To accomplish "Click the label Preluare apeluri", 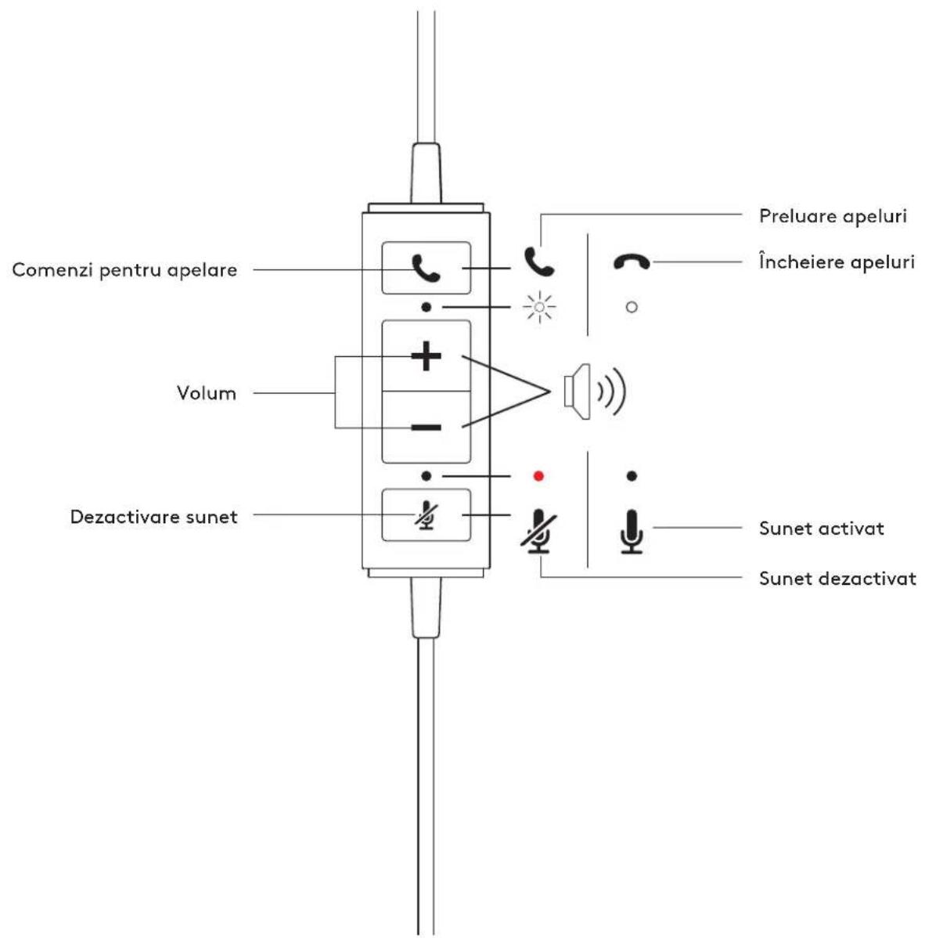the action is point(833,216).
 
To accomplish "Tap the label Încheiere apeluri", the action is point(837,262).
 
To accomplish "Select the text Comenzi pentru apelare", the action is point(124,270).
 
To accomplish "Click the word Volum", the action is point(207,393).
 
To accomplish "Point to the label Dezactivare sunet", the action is point(153,516).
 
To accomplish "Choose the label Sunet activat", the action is point(821,529).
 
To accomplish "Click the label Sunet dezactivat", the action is point(837,579).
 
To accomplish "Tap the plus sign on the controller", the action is point(427,356).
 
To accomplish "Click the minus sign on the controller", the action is point(427,428).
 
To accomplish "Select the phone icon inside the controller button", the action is point(427,268).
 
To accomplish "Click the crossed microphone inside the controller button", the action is point(427,516).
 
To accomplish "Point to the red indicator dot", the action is point(538,476).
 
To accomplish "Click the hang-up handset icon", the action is point(632,262).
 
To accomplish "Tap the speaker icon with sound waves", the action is point(595,391).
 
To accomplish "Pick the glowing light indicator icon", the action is point(539,308).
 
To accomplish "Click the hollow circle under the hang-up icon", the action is point(632,307).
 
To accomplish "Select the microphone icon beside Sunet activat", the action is point(632,531).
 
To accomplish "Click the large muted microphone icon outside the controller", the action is point(538,531).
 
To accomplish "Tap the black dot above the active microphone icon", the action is point(632,476).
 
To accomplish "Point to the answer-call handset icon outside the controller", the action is point(539,262).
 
